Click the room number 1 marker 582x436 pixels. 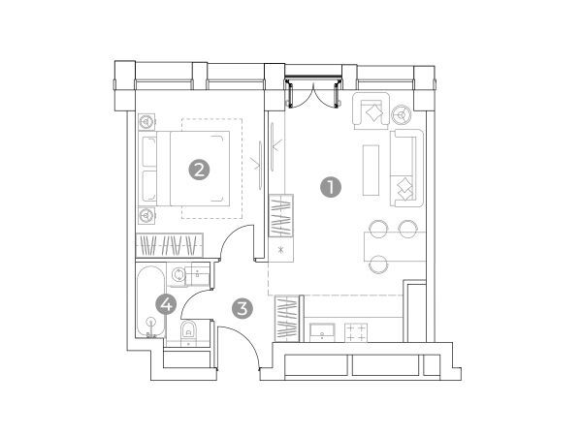331,187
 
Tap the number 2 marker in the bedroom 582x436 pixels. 199,170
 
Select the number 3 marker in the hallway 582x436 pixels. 242,308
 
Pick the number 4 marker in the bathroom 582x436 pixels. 166,304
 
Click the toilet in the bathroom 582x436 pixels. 188,331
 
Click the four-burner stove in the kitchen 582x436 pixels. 356,332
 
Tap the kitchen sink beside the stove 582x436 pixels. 322,332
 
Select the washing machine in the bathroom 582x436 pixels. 178,274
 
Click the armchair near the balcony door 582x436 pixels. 372,110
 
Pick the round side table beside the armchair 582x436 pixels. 401,113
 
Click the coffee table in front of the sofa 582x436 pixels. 371,171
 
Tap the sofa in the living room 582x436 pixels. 407,168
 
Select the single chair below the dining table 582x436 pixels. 378,264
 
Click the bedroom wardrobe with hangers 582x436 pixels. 170,245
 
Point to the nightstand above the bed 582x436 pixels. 146,121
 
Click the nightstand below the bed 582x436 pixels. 146,215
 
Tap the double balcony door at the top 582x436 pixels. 313,93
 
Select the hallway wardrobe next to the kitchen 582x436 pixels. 287,319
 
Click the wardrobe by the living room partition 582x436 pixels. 281,215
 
